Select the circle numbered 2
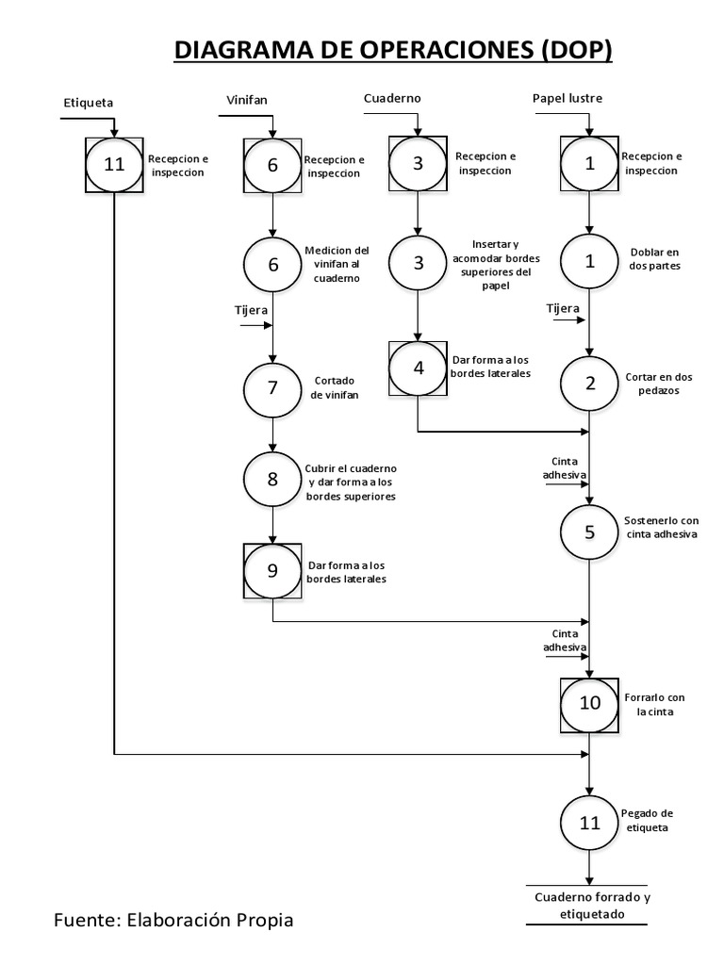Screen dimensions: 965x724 [x=590, y=383]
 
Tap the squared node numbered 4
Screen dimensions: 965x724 [x=419, y=368]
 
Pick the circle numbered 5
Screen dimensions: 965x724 [x=590, y=532]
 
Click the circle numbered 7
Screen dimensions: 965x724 [x=272, y=387]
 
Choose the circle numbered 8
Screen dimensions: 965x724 [x=272, y=478]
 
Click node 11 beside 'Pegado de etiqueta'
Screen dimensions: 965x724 [x=590, y=823]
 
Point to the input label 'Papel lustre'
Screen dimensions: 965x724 [x=568, y=98]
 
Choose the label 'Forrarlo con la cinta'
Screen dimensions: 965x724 [x=654, y=704]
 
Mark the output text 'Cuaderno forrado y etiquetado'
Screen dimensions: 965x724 [x=586, y=905]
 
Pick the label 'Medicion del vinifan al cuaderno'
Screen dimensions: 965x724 [x=337, y=264]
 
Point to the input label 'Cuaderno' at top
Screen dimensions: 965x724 [x=392, y=98]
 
